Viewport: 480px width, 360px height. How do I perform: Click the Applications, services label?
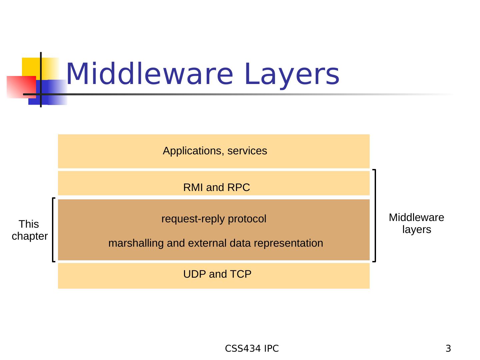point(215,151)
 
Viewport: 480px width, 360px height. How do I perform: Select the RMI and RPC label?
point(216,188)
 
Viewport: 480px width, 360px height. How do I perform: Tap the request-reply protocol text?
point(214,219)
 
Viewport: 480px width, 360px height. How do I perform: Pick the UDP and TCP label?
point(217,274)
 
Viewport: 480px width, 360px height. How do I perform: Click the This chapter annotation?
point(29,230)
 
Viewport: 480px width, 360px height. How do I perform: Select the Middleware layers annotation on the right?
point(416,224)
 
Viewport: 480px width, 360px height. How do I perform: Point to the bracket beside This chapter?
point(53,230)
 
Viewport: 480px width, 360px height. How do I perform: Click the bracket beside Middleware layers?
point(375,216)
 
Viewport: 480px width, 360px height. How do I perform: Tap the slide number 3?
point(448,349)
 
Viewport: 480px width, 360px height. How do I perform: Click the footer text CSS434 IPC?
point(252,349)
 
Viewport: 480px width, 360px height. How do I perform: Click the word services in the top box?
point(247,151)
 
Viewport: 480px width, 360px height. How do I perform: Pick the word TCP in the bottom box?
point(241,274)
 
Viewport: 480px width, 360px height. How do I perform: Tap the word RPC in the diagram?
point(239,188)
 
